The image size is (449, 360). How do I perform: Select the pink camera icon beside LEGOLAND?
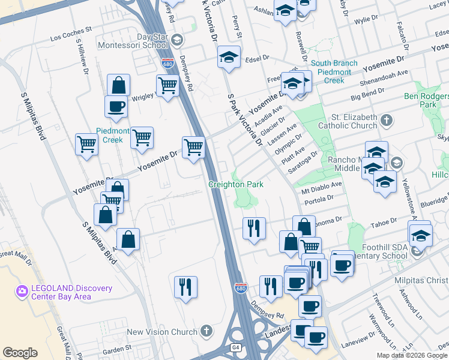[x=22, y=292]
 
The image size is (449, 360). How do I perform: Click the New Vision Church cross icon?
[x=206, y=331]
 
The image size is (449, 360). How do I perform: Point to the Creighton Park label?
[x=236, y=185]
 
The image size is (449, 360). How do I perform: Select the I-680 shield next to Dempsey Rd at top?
[x=167, y=62]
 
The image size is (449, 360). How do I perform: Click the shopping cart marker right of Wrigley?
[x=167, y=85]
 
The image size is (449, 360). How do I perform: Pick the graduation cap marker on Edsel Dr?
[x=228, y=58]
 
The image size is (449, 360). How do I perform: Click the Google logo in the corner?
[x=20, y=353]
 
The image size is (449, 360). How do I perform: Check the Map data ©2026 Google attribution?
[x=412, y=355]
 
